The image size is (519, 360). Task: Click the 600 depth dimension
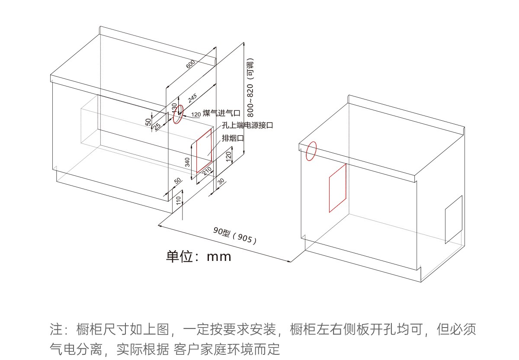coord(190,64)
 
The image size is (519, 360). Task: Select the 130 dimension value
coord(175,108)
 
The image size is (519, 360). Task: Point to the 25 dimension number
coord(157,126)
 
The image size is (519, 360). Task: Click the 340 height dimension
coord(187,162)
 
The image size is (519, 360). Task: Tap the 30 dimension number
coord(221,182)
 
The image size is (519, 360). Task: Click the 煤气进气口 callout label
coord(221,113)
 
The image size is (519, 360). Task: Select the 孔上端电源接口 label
coord(247,125)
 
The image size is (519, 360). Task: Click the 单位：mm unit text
coord(199,256)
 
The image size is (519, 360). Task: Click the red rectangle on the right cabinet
coord(337,188)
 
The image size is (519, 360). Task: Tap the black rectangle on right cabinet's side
coord(454,220)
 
